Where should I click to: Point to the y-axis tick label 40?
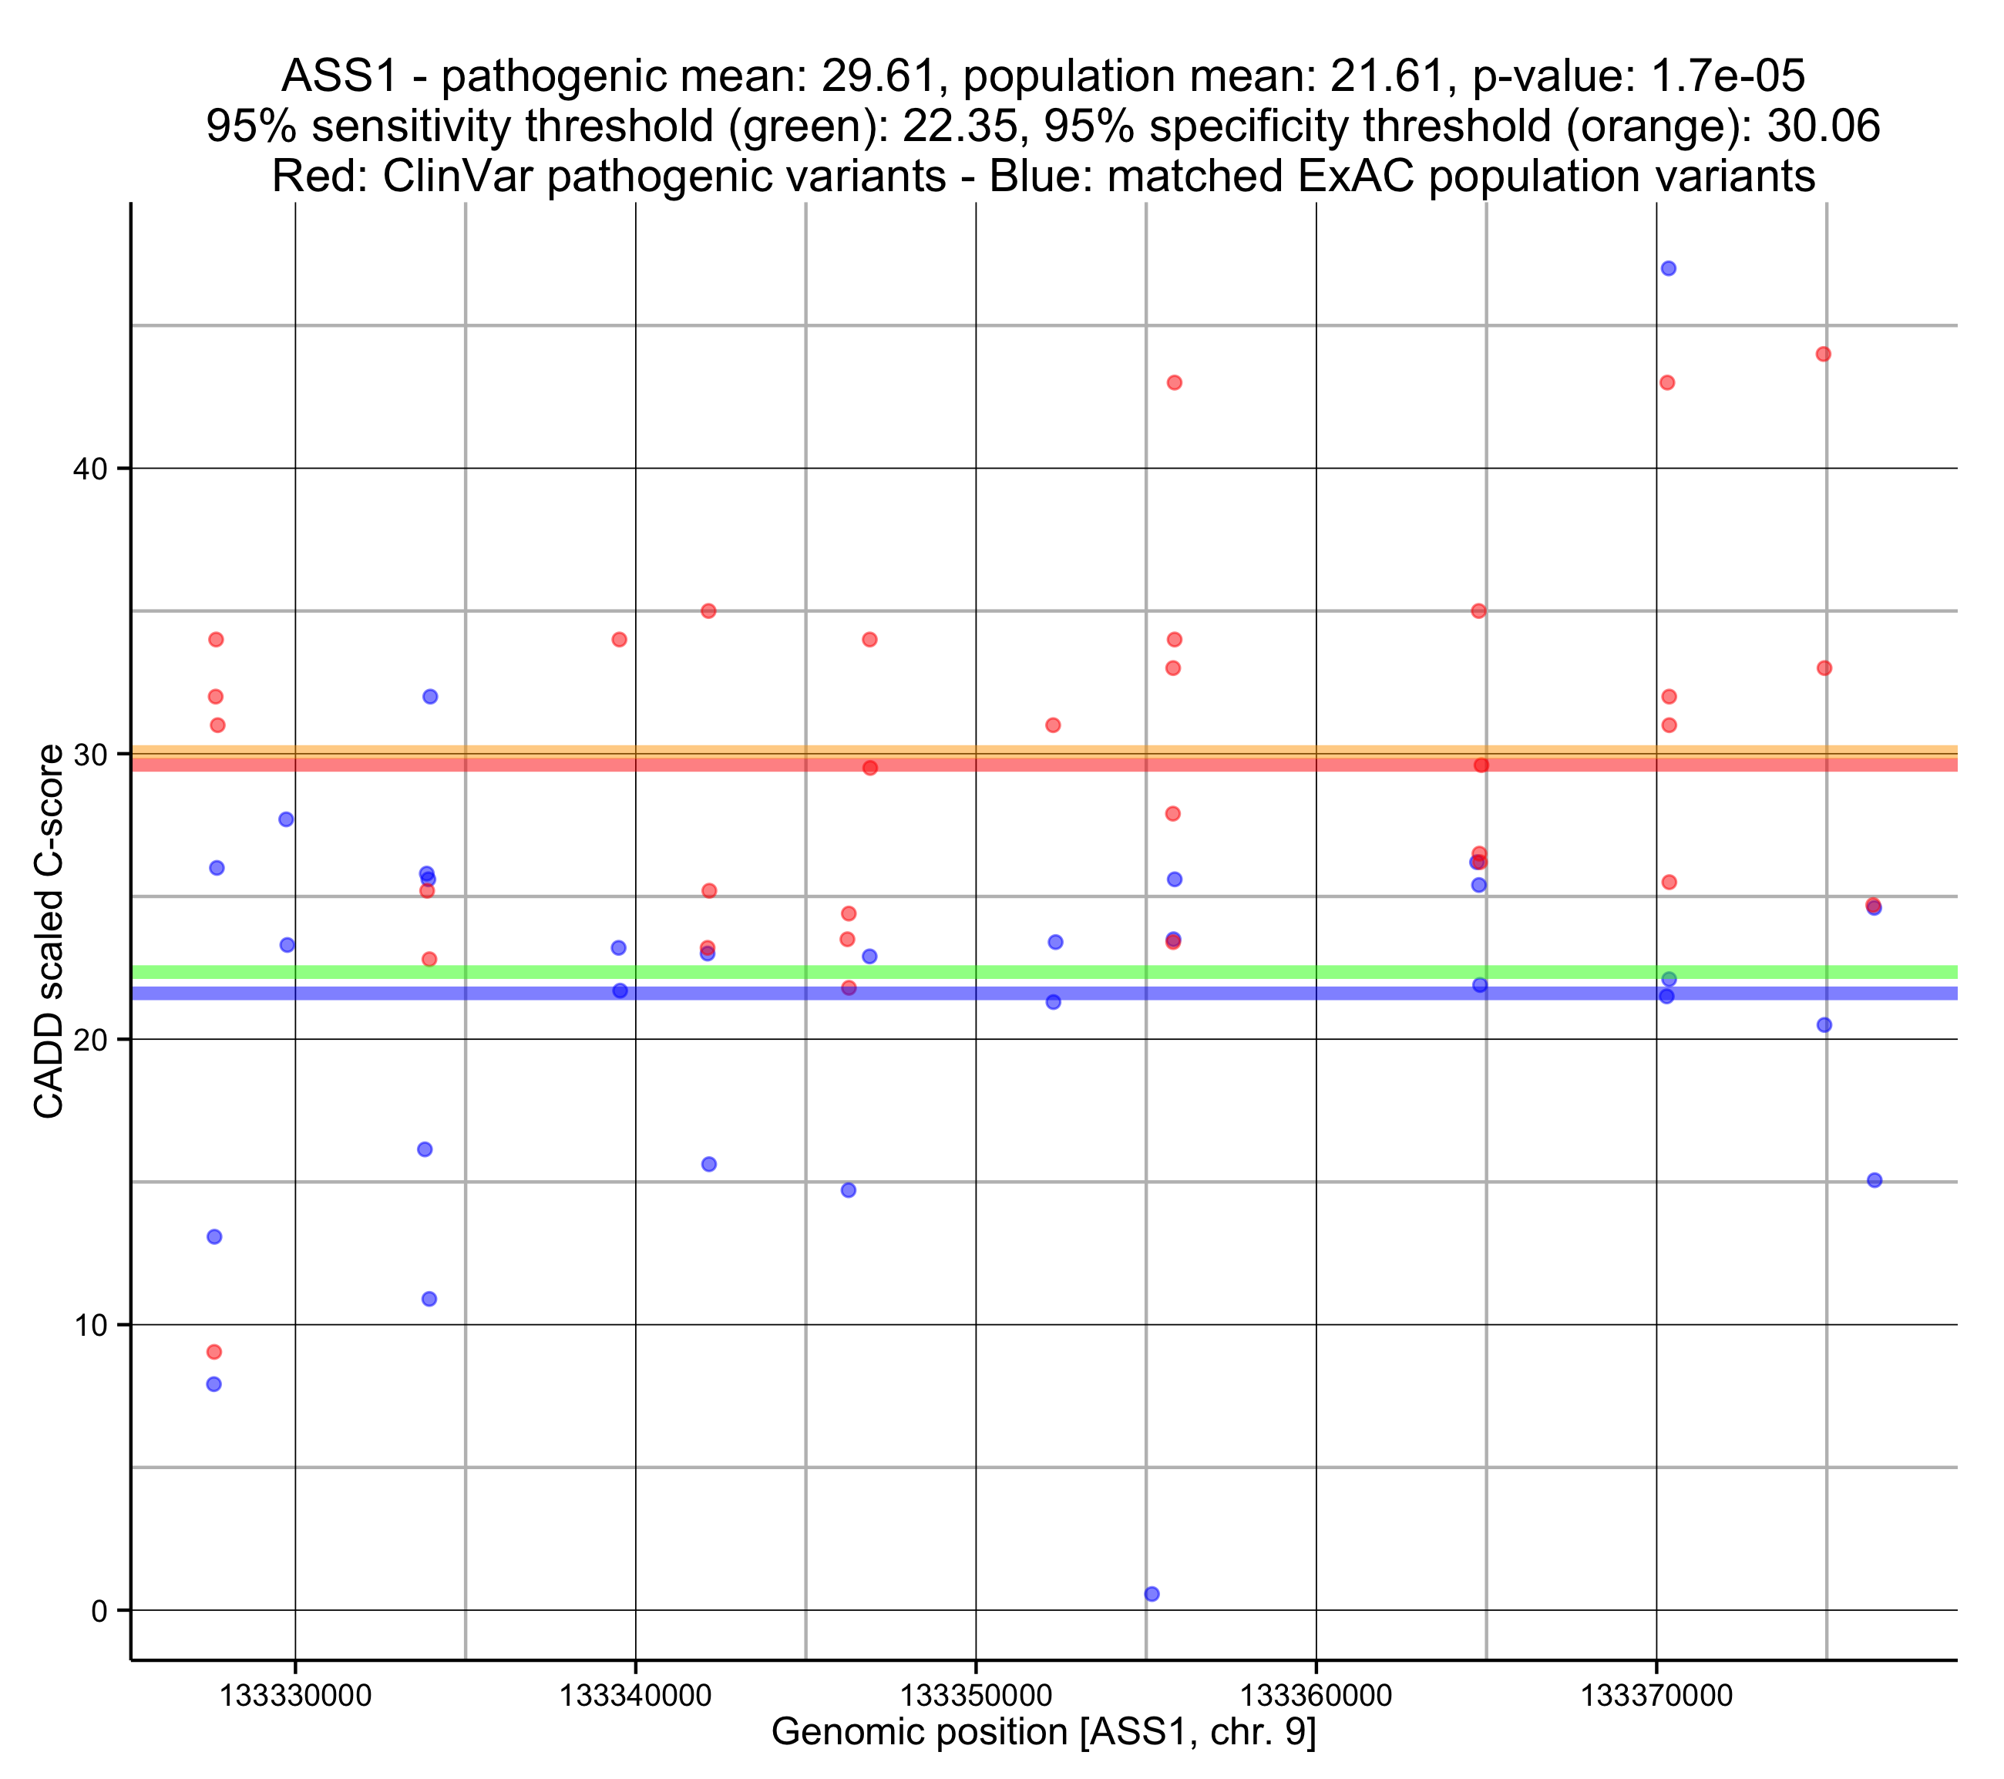point(89,469)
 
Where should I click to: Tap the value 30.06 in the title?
point(1823,126)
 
